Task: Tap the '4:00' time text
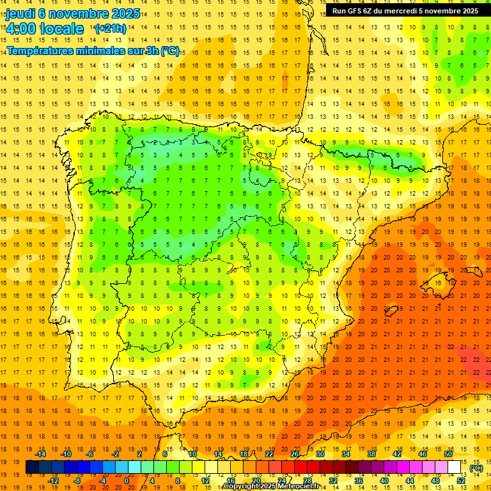[21, 29]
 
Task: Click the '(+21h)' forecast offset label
[110, 29]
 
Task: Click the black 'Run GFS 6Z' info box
[405, 10]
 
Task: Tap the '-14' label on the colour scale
[42, 454]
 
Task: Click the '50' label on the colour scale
[448, 454]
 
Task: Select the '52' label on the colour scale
[461, 481]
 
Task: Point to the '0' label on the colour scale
[127, 481]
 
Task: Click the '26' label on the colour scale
[295, 454]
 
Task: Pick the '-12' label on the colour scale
[54, 481]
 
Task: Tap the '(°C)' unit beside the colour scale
[476, 468]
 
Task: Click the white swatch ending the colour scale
[455, 467]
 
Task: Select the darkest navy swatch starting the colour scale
[32, 467]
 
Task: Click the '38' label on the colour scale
[371, 454]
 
